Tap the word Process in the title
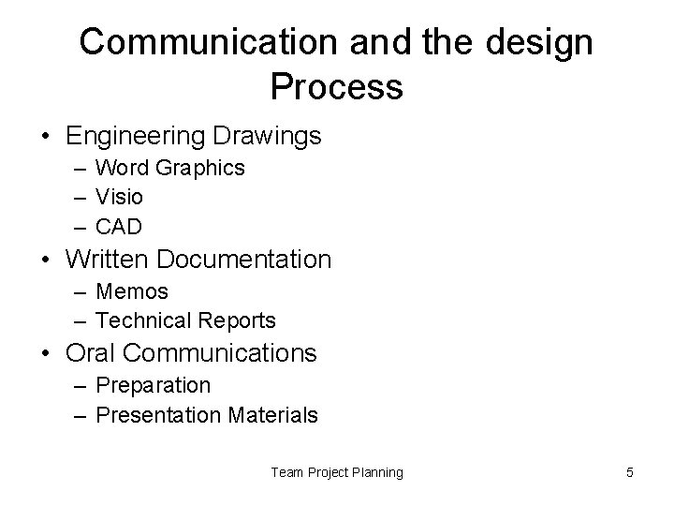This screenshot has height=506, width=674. click(337, 87)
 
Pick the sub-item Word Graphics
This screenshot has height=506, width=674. click(170, 168)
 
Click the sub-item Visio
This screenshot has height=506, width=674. click(120, 198)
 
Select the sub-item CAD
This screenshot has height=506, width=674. click(119, 228)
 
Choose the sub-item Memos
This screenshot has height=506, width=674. click(132, 290)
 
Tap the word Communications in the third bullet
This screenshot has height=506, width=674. click(220, 353)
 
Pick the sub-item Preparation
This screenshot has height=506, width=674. click(153, 384)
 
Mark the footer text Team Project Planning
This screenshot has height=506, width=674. click(337, 472)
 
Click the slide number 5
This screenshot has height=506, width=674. click(630, 472)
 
